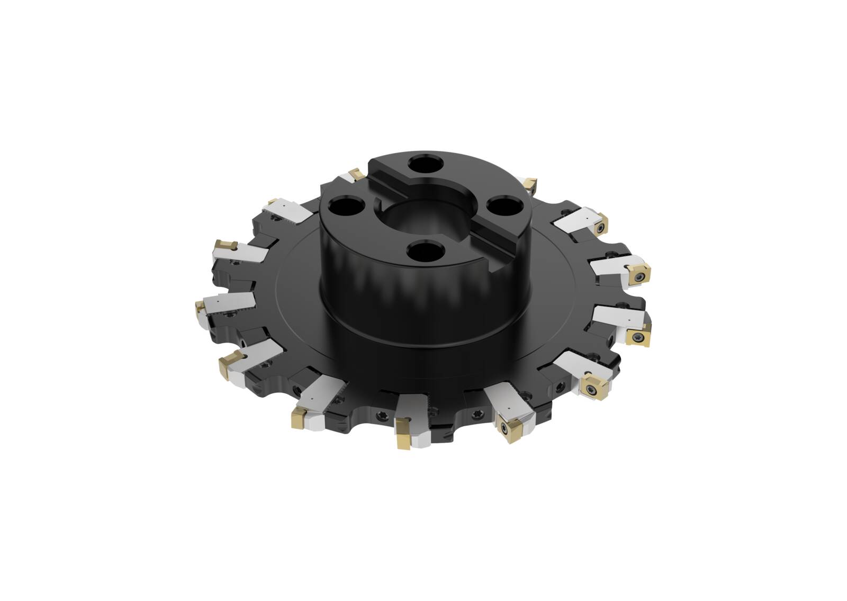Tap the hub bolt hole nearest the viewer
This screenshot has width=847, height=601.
(x=426, y=249)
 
